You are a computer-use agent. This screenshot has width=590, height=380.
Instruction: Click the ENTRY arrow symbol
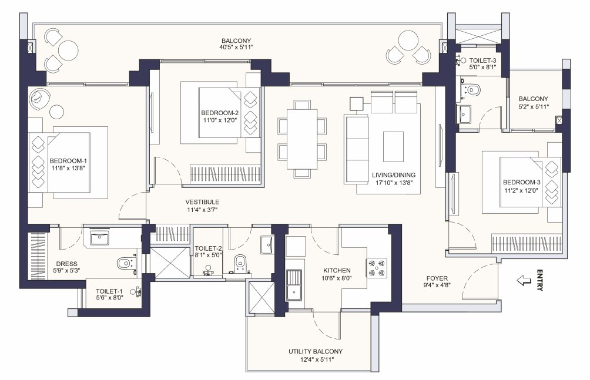point(521,281)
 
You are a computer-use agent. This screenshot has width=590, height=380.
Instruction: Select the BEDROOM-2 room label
point(219,113)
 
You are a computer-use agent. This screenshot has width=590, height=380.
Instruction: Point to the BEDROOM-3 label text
point(521,183)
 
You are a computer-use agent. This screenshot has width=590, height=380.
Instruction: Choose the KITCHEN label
point(337,271)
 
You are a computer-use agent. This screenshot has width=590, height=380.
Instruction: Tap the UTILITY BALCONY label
point(315,351)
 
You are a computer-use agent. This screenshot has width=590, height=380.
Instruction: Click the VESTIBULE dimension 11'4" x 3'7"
point(203,209)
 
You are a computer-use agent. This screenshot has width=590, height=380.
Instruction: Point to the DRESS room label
point(67,264)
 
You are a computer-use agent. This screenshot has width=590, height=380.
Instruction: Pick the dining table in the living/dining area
point(302,139)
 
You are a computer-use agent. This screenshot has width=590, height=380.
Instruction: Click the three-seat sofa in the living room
point(354,148)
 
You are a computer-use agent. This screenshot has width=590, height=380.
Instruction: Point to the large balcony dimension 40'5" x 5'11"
point(237,47)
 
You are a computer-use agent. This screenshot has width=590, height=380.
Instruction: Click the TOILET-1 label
point(109,291)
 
